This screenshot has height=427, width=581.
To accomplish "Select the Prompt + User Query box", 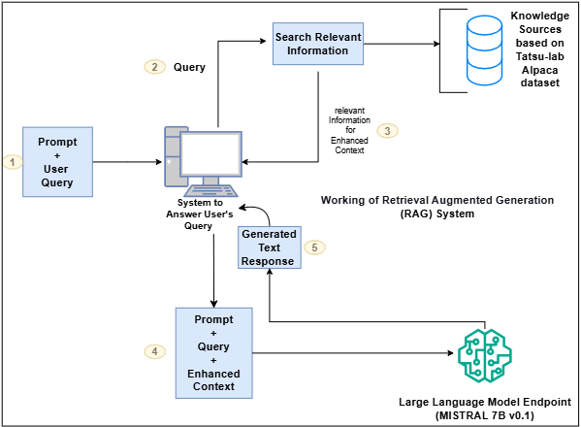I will tap(57, 161).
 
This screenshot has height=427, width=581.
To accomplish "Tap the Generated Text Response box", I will tap(269, 247).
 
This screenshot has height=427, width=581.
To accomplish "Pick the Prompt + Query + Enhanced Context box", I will tap(212, 352).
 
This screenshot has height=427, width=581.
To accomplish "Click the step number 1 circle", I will tap(12, 162).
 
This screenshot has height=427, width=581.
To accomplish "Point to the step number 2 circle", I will tap(153, 68).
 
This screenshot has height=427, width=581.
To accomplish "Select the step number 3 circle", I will tap(387, 130).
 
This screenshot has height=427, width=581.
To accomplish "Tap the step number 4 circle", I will tap(154, 352).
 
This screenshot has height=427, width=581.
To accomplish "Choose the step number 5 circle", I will tap(315, 247).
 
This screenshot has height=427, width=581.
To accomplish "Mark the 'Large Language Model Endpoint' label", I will tap(484, 402).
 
